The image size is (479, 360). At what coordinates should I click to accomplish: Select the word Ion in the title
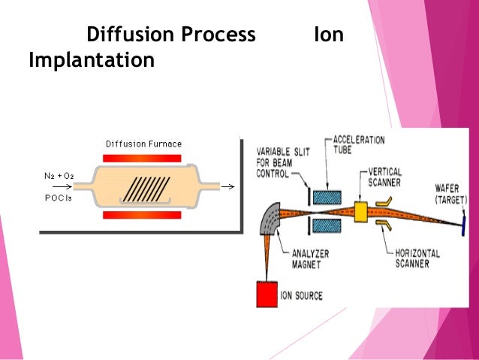tap(328, 35)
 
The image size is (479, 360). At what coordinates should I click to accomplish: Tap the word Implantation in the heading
tap(91, 60)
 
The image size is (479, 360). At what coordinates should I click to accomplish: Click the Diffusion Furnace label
tap(143, 144)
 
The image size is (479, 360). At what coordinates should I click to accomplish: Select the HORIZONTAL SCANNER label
tap(419, 259)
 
